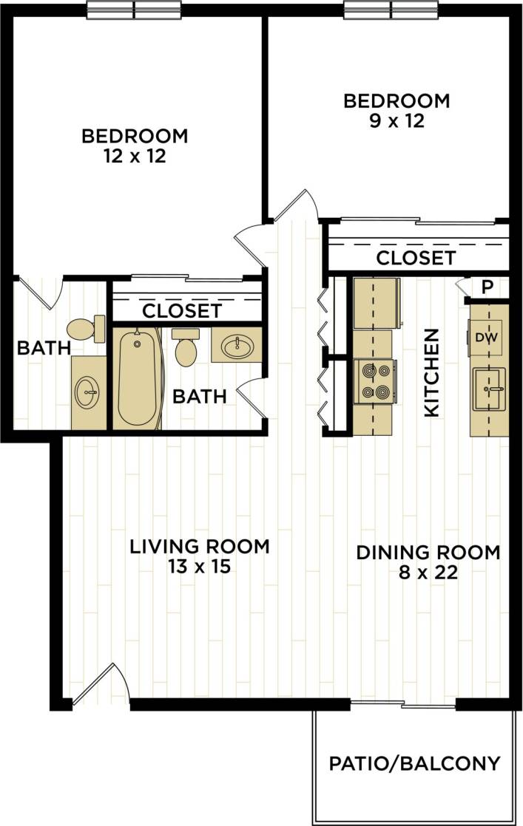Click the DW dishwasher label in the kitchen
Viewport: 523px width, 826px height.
(x=485, y=338)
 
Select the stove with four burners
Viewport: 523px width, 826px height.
(x=375, y=381)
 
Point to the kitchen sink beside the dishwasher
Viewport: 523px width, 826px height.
(x=490, y=388)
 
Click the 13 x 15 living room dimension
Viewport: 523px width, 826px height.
(x=200, y=567)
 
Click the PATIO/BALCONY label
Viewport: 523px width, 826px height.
(x=414, y=763)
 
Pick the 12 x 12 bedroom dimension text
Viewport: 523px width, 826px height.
(x=135, y=157)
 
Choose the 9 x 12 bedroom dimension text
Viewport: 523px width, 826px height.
(x=396, y=120)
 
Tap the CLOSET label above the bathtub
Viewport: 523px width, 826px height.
(x=181, y=311)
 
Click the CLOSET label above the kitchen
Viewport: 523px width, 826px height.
(x=415, y=259)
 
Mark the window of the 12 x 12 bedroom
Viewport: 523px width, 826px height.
(x=134, y=10)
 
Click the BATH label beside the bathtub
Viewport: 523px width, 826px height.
(x=199, y=397)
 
